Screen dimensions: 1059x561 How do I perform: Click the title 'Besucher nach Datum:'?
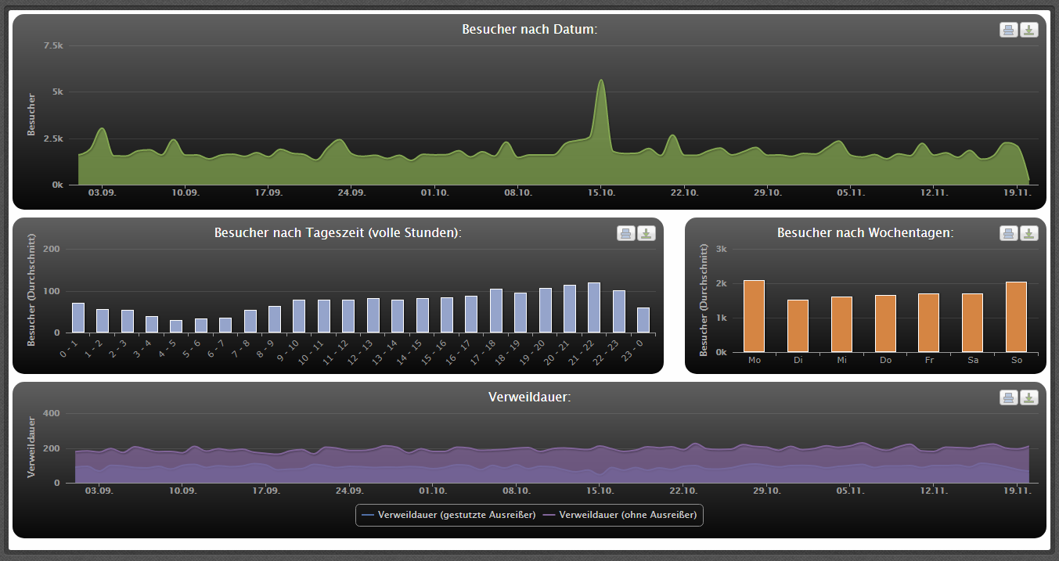pos(529,29)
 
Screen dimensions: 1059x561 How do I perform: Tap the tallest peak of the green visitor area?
pos(601,80)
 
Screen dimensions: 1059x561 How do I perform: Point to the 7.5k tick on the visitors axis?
pos(53,45)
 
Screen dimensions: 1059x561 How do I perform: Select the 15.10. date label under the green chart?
pos(601,192)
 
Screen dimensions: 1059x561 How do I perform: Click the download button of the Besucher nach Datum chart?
pos(1028,30)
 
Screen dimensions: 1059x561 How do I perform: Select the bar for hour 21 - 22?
pos(594,307)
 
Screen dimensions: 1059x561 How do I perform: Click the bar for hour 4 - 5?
pos(176,326)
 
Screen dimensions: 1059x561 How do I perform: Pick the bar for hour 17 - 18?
pos(496,311)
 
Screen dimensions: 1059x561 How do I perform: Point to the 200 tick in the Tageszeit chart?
pos(52,249)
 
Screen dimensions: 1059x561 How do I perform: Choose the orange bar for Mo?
pos(754,316)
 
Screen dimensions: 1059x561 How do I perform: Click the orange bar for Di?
pos(798,326)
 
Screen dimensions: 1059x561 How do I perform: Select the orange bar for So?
pos(1017,317)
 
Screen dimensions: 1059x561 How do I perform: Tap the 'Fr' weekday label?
pos(929,360)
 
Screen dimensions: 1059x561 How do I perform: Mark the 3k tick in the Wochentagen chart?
pos(722,249)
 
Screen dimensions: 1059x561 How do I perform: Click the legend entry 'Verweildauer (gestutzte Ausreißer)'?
pos(448,515)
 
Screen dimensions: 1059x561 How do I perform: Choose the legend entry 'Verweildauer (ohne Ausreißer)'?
pos(620,515)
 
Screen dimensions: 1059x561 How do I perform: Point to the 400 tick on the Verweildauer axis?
pos(52,413)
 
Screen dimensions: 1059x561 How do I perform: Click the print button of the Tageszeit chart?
pos(626,233)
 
